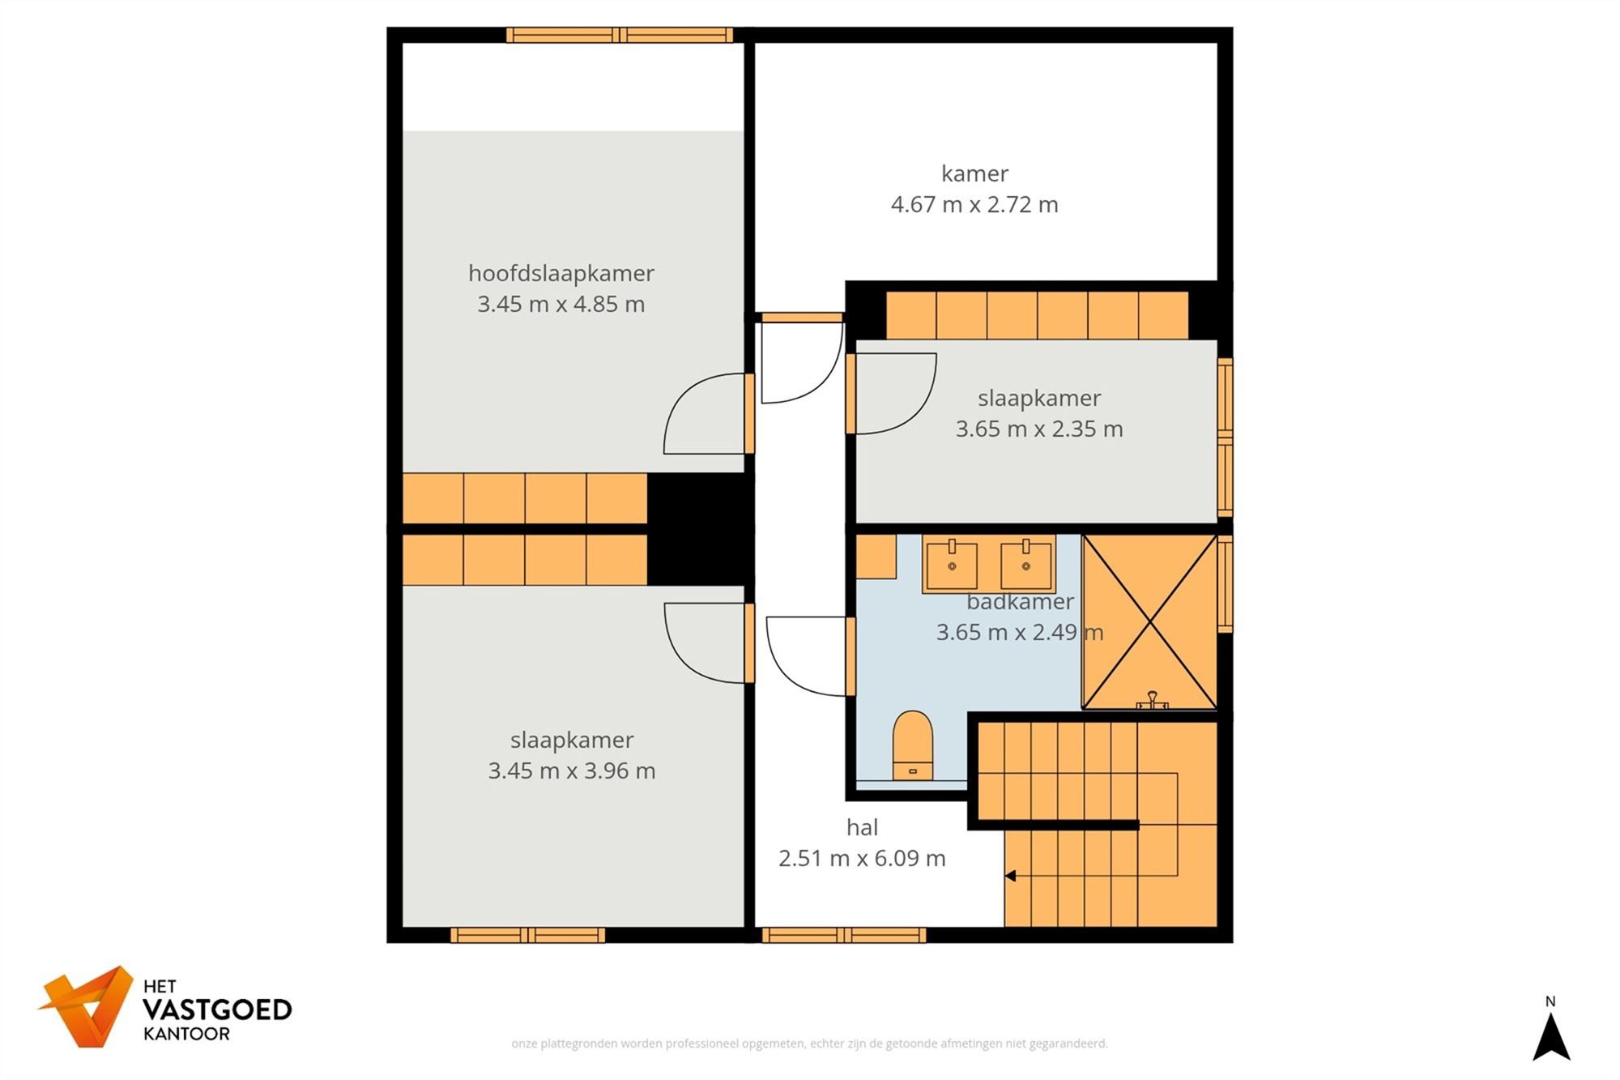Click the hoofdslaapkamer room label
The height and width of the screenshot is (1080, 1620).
click(561, 274)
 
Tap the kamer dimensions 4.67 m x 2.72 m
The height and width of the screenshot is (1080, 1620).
click(974, 204)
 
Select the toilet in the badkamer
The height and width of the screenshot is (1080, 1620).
click(912, 745)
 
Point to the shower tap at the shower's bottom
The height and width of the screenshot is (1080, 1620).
click(1152, 700)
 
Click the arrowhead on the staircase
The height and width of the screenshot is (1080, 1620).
click(1010, 876)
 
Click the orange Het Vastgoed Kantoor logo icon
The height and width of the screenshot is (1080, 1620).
click(87, 1006)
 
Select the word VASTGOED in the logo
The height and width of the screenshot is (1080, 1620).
click(217, 1010)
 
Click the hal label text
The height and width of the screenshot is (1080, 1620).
click(862, 827)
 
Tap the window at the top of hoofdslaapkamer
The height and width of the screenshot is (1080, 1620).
click(620, 35)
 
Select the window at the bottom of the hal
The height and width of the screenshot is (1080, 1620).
click(844, 936)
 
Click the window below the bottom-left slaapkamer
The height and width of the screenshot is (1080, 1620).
click(527, 936)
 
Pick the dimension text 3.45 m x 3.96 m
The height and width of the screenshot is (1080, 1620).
click(571, 771)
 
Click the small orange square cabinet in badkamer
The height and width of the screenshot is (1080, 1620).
click(876, 557)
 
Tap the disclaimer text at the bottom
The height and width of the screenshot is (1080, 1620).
click(809, 1044)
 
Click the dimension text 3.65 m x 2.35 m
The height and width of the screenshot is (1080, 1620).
click(1039, 429)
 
